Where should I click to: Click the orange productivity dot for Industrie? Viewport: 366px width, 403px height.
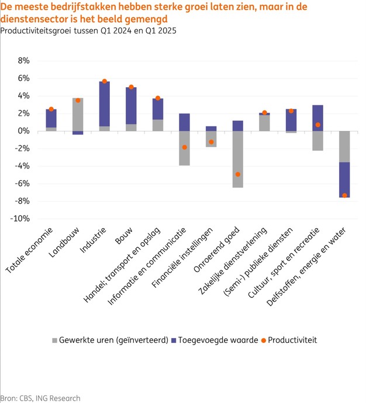click(x=105, y=81)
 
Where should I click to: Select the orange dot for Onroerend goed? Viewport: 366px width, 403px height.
click(x=237, y=174)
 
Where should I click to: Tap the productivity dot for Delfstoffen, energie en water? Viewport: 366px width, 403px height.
click(x=344, y=195)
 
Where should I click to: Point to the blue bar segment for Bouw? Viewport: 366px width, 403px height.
click(x=131, y=105)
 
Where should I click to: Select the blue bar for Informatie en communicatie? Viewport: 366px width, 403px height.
click(x=184, y=122)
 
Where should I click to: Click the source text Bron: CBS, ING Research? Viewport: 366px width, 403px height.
click(x=40, y=398)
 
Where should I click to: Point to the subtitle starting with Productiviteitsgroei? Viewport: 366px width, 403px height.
click(x=88, y=30)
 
